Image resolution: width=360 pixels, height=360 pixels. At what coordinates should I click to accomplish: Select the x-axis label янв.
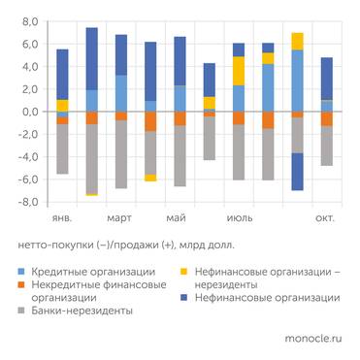point(62,218)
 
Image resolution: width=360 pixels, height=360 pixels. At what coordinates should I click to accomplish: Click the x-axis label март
point(120,218)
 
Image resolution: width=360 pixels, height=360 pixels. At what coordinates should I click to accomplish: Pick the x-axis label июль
point(239,218)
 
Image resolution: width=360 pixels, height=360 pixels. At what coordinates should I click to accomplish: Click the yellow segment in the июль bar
point(239,71)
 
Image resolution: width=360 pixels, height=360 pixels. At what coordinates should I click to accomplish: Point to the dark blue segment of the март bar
point(121,55)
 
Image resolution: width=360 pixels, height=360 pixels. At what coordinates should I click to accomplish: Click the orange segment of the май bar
point(180,118)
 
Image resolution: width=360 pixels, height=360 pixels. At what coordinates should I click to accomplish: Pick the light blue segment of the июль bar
point(239,98)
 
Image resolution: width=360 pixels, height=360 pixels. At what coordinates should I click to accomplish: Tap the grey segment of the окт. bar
point(327,146)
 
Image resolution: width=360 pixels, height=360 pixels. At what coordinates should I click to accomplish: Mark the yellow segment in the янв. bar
point(62,105)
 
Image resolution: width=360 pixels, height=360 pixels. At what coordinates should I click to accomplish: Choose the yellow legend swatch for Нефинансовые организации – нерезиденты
point(188,273)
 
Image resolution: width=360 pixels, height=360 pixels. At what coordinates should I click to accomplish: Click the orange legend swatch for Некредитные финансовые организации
point(23,286)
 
